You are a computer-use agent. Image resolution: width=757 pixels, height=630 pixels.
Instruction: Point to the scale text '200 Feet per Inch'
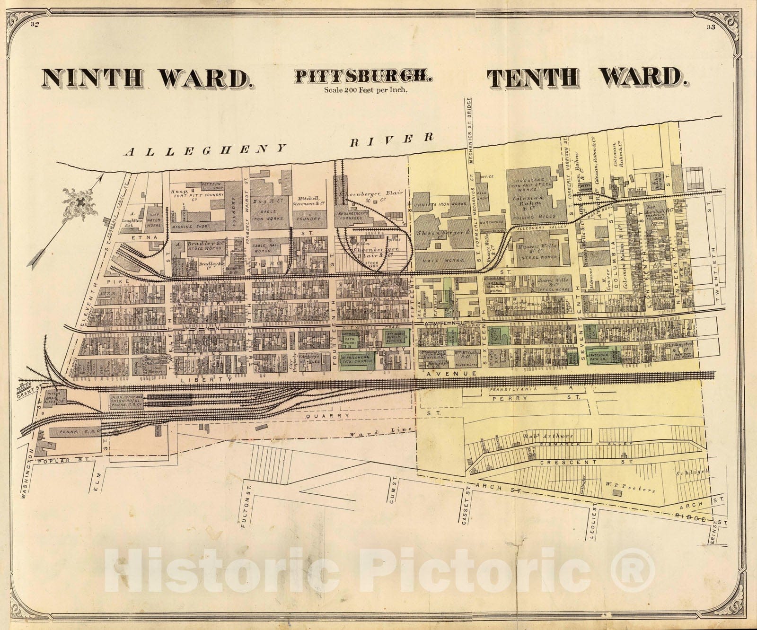tap(366, 88)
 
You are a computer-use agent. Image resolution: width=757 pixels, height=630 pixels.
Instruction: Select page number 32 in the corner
tap(34, 25)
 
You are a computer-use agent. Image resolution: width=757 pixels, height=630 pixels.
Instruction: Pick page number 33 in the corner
tap(710, 27)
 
